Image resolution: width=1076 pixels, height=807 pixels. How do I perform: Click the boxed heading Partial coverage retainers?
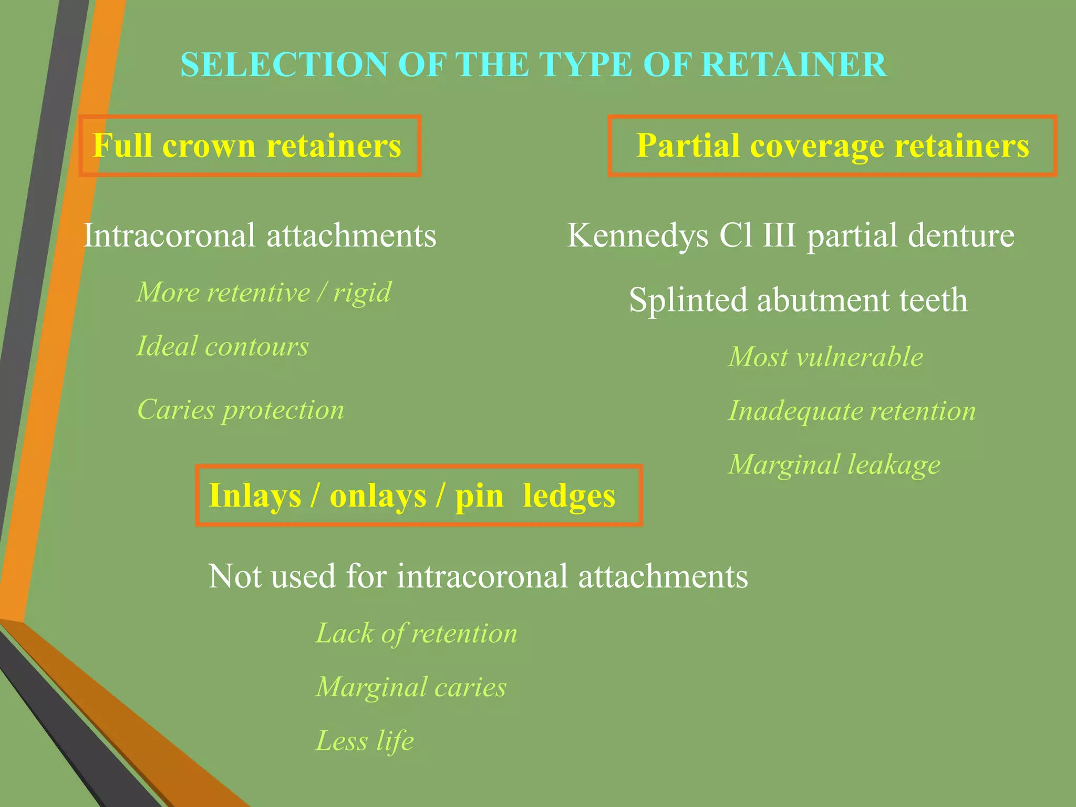[832, 146]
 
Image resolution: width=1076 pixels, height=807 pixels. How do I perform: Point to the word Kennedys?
[637, 235]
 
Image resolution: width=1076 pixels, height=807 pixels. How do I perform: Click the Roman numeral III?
[779, 235]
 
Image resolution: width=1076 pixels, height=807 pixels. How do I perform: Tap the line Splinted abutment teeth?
[798, 300]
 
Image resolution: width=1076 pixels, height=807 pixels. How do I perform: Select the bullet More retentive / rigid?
[264, 292]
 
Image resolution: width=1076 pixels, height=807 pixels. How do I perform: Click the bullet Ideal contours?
[222, 346]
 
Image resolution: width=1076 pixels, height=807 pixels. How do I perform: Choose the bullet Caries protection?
[241, 410]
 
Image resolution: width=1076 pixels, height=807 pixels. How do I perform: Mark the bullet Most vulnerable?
[825, 357]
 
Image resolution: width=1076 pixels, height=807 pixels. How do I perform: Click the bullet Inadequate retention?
[852, 411]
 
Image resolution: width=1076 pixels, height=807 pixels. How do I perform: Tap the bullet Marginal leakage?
[834, 465]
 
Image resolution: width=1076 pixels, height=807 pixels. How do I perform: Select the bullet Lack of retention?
[416, 634]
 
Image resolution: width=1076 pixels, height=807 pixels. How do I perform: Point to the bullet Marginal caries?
[411, 687]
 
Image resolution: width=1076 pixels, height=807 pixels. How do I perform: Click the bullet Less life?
[365, 741]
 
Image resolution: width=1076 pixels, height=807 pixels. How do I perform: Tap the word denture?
[960, 235]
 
